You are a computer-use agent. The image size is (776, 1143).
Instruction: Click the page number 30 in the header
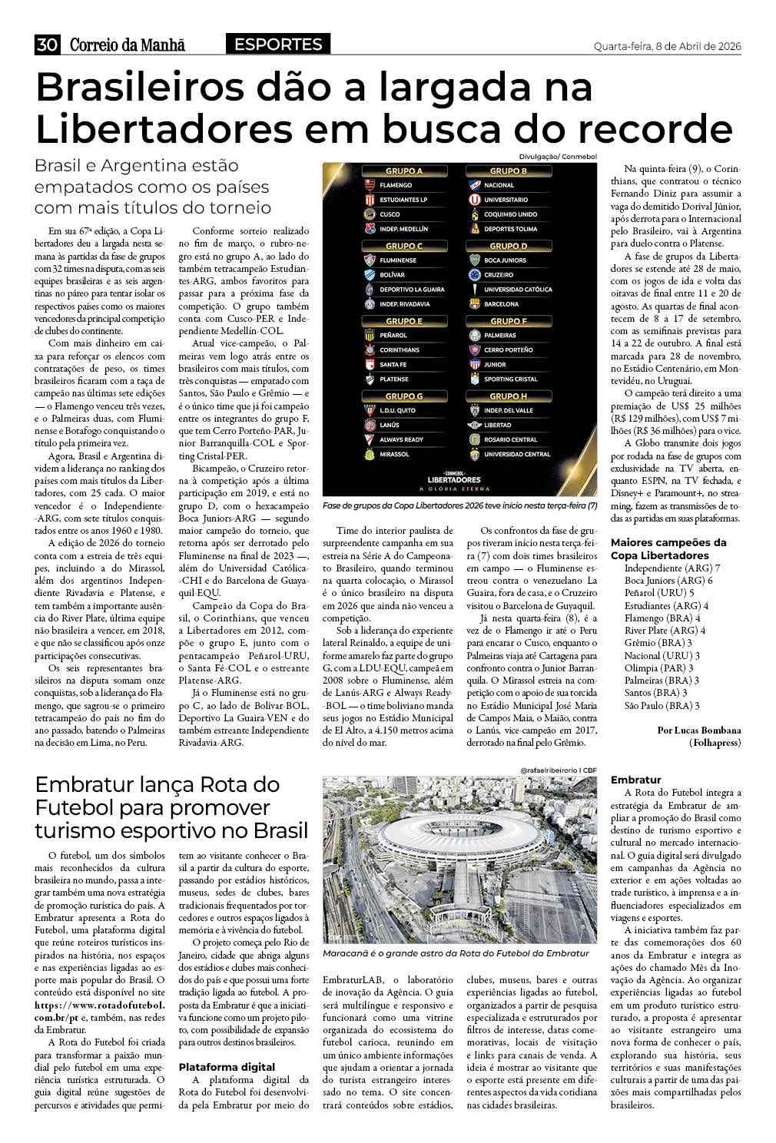click(x=47, y=45)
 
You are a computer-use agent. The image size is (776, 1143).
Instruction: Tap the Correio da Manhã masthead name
click(x=128, y=45)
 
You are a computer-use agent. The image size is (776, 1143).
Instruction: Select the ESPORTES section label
click(x=278, y=45)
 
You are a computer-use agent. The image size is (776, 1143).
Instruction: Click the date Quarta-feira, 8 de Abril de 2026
click(x=667, y=47)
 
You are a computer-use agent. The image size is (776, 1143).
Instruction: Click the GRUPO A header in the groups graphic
click(x=404, y=171)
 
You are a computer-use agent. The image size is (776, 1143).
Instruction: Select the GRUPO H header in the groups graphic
click(x=509, y=396)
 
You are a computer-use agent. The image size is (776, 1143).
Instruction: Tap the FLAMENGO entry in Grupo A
click(x=396, y=185)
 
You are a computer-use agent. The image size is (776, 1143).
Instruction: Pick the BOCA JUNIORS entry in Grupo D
click(x=505, y=260)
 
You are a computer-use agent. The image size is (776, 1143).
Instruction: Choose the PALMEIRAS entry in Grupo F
click(x=500, y=336)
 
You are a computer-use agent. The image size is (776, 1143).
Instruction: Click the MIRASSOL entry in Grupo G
click(x=394, y=454)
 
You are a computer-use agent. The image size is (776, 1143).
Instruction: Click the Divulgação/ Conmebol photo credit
click(x=558, y=157)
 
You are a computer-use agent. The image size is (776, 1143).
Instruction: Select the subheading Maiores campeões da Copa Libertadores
click(x=668, y=548)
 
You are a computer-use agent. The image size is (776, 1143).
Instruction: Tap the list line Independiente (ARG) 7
click(x=672, y=568)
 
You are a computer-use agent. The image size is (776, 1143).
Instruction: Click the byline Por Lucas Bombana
click(x=699, y=731)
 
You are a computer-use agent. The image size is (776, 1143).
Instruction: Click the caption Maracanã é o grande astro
click(x=456, y=953)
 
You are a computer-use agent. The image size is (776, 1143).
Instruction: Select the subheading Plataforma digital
click(x=227, y=1067)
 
